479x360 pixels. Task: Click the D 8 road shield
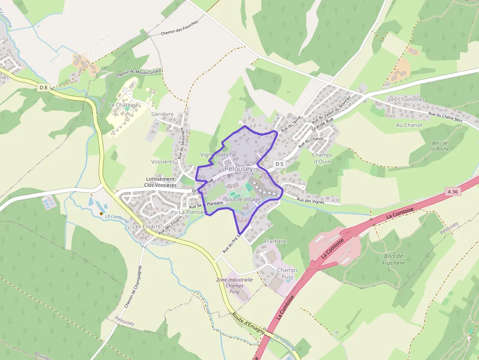[44, 87]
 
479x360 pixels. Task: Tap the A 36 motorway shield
[452, 192]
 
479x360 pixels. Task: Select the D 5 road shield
[279, 164]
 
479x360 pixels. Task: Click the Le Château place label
[123, 105]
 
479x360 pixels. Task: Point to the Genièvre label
[163, 114]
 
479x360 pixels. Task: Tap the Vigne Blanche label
[218, 154]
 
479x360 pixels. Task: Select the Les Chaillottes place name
[406, 99]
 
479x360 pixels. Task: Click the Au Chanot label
[409, 125]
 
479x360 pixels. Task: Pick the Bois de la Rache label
[440, 146]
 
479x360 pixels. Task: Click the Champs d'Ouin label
[322, 158]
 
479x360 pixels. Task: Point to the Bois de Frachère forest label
[394, 259]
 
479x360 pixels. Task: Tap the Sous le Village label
[242, 199]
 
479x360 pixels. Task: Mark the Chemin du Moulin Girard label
[138, 73]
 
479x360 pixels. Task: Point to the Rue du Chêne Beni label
[445, 117]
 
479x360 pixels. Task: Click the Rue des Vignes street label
[311, 201]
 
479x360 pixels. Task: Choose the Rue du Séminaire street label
[181, 143]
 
